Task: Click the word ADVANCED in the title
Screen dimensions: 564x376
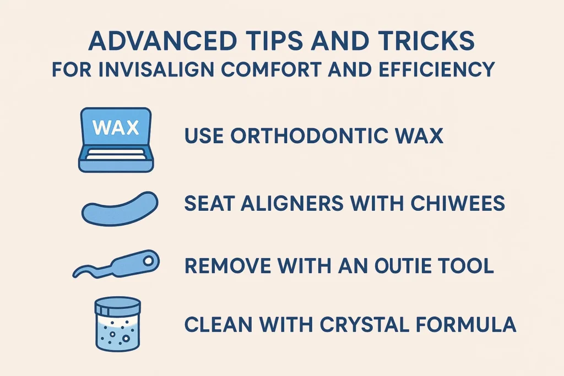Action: point(162,40)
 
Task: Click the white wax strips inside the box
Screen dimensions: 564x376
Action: point(116,155)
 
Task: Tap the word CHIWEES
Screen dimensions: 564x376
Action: point(458,203)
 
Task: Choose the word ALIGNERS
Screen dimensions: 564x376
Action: point(292,203)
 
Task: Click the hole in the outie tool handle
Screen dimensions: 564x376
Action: point(148,261)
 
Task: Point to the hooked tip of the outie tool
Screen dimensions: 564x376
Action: point(75,275)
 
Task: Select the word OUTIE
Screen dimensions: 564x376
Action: point(403,266)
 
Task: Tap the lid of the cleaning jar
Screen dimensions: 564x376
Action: point(118,306)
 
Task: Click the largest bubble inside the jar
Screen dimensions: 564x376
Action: point(126,338)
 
